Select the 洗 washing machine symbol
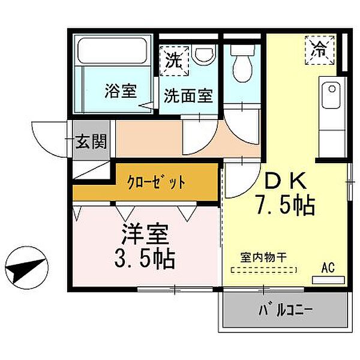pyautogui.click(x=175, y=60)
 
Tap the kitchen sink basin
pyautogui.click(x=330, y=97)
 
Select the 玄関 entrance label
pyautogui.click(x=92, y=142)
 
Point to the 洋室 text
pyautogui.click(x=146, y=234)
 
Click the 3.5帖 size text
pyautogui.click(x=143, y=259)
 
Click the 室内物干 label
pyautogui.click(x=264, y=257)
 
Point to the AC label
pyautogui.click(x=328, y=267)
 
